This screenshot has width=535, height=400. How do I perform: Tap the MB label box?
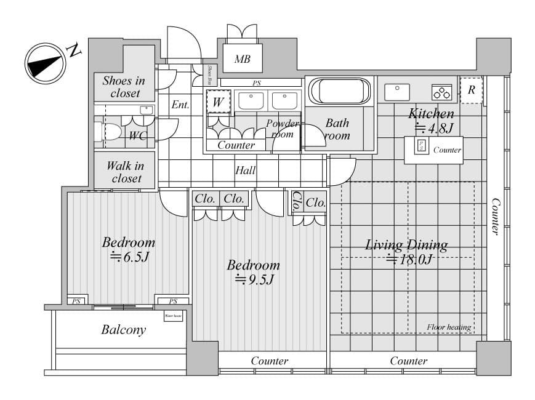tap(241, 60)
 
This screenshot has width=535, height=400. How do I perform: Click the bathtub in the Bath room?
tap(340, 92)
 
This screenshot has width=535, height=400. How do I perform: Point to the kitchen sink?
tap(397, 92)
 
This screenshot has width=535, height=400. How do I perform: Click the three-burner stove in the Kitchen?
tap(441, 92)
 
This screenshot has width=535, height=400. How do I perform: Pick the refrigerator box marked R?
tap(471, 90)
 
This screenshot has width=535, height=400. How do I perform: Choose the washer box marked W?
tap(217, 102)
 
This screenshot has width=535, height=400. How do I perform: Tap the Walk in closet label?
tap(125, 172)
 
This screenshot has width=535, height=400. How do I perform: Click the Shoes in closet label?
tap(124, 87)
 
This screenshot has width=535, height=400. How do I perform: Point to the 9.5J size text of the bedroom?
tap(254, 280)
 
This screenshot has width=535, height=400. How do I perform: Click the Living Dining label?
tap(406, 244)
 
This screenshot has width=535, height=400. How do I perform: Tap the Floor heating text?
tap(449, 327)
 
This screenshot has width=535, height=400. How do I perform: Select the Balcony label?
tap(124, 330)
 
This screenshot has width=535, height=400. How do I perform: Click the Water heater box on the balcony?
tap(173, 317)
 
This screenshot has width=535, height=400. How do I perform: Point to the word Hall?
tap(245, 170)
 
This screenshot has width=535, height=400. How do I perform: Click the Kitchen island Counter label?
tap(447, 150)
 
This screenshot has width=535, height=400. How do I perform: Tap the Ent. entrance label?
tap(180, 105)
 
